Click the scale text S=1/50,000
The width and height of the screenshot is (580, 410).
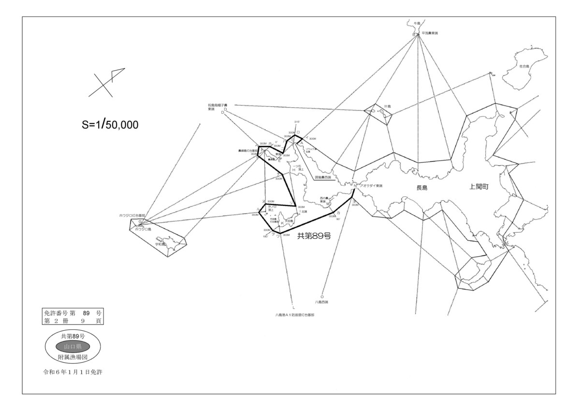tap(110, 124)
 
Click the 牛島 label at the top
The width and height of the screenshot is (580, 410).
tap(417, 23)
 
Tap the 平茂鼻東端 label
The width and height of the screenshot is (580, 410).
tap(430, 33)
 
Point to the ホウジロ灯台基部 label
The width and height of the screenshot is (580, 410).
tap(132, 215)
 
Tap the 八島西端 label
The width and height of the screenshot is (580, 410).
tap(321, 302)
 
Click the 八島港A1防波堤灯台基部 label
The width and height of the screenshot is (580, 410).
tap(294, 314)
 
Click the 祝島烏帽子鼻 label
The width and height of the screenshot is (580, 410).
tap(217, 105)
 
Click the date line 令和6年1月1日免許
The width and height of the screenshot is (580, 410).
tap(73, 372)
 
